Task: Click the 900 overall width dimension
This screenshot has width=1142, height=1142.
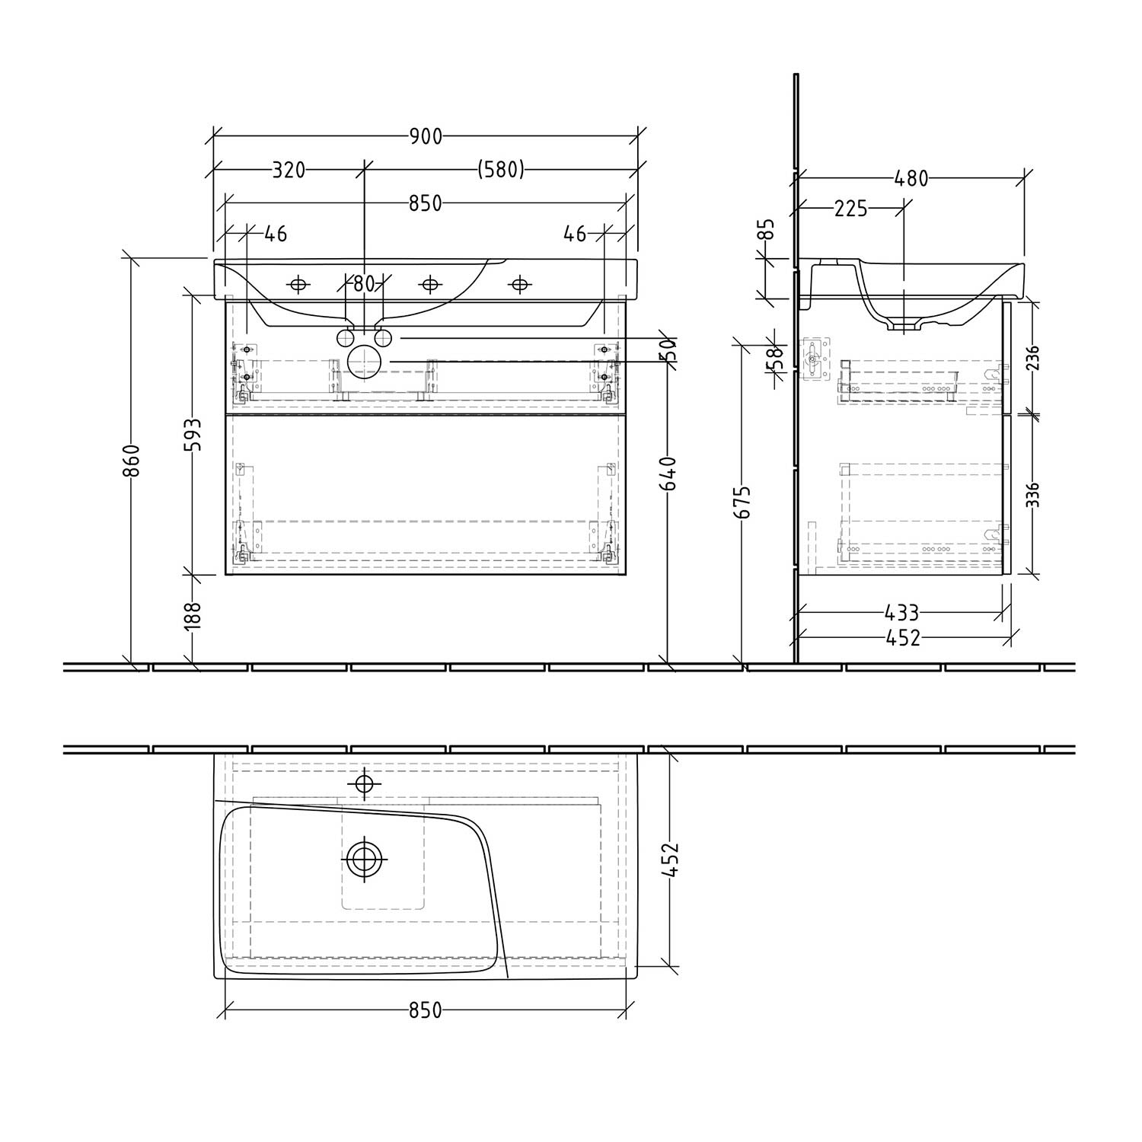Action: point(426,136)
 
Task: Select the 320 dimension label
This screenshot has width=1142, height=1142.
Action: point(289,170)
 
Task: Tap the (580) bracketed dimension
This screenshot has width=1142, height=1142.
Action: point(501,170)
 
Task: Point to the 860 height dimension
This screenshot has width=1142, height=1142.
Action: point(132,460)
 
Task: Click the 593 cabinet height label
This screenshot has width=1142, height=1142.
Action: point(193,435)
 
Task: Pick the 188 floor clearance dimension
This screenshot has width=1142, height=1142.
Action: point(193,615)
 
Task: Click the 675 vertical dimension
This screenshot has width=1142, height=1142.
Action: point(742,502)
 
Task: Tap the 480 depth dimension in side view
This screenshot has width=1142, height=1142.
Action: point(911,178)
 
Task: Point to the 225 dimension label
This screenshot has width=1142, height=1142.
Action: point(850,208)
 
